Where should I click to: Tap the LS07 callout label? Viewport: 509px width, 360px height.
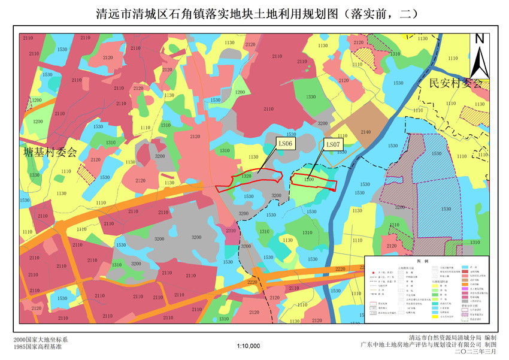tap(332, 144)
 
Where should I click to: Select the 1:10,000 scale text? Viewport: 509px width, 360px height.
tap(249, 346)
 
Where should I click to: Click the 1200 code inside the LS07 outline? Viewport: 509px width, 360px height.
tap(308, 179)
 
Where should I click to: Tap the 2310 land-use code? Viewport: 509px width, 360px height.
tap(231, 231)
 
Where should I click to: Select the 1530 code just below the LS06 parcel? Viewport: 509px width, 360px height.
tap(249, 196)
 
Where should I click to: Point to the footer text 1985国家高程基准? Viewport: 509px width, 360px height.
tap(41, 346)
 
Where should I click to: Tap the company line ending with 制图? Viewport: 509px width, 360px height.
tap(428, 345)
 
